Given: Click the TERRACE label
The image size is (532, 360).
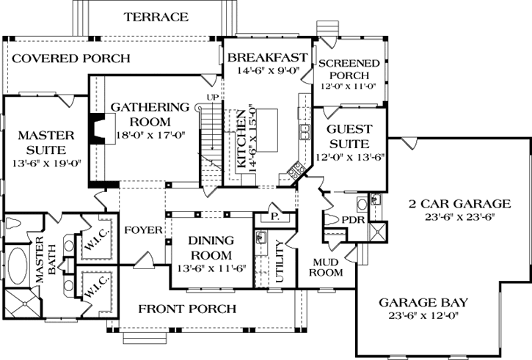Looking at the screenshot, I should (x=156, y=16).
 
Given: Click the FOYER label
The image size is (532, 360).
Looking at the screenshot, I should (x=142, y=229).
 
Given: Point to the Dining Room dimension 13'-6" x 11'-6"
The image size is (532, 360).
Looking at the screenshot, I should (x=211, y=268).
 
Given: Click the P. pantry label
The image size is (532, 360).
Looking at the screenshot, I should (x=275, y=217).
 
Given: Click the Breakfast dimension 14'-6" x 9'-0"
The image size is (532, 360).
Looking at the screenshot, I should (x=266, y=72).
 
